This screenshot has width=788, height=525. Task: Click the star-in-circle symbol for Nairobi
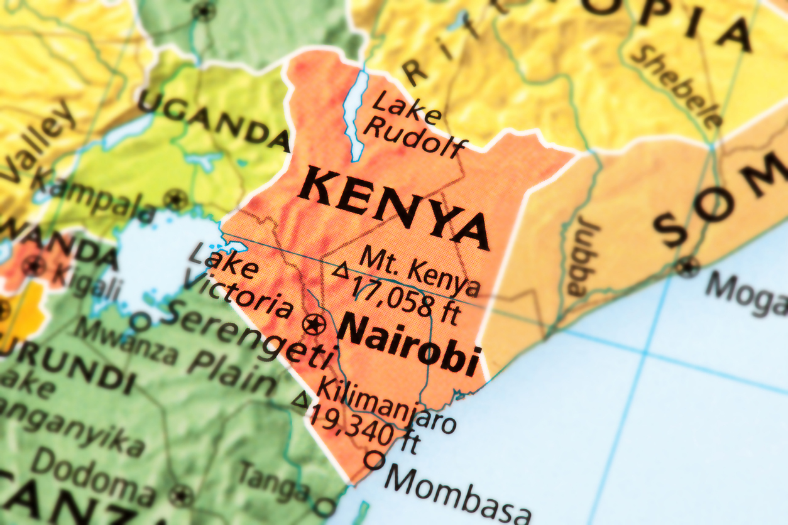(314, 325)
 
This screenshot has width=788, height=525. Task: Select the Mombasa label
(457, 493)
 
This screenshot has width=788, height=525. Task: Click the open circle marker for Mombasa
(374, 460)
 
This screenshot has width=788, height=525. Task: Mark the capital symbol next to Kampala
(175, 200)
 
